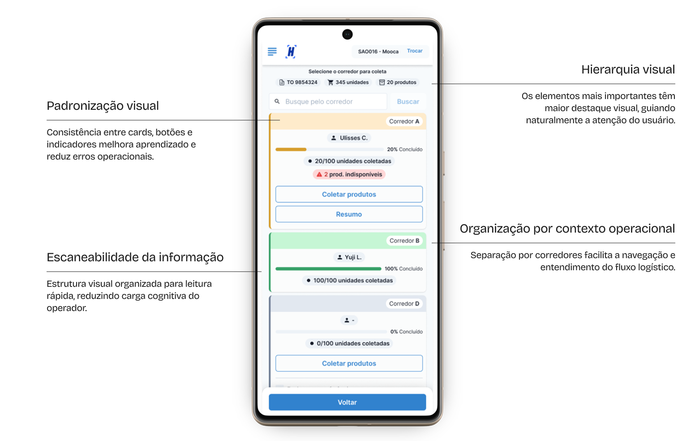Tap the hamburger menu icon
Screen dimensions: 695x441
[272, 52]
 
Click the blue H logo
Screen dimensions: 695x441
[291, 52]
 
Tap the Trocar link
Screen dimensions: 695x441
[415, 51]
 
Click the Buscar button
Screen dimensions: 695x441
[408, 102]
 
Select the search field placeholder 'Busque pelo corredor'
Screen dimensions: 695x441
[319, 102]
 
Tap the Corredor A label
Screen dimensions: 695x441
[404, 121]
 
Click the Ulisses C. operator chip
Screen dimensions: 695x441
[349, 138]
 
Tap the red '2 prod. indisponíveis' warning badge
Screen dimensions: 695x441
[349, 174]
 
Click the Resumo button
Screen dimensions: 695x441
[349, 214]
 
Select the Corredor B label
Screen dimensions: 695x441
[404, 241]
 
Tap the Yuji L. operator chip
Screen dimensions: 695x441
[349, 257]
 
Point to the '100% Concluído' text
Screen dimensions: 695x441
[403, 268]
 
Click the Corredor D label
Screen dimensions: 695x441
[404, 304]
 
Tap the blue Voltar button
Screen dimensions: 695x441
[347, 402]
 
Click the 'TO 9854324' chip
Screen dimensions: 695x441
[298, 82]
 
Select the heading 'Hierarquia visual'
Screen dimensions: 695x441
[628, 69]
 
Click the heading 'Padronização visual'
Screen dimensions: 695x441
[103, 106]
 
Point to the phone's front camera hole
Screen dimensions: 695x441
[347, 34]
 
